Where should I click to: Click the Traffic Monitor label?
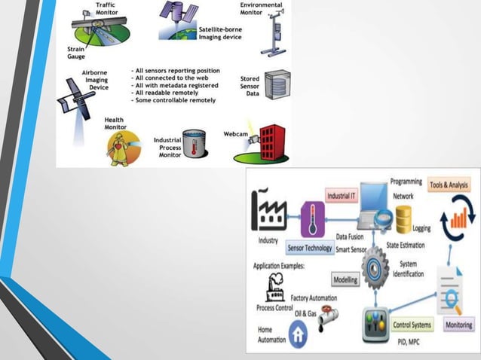click(x=106, y=9)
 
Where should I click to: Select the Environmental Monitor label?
click(x=262, y=9)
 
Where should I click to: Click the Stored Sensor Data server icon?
click(x=277, y=84)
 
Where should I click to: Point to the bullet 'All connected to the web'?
click(x=170, y=78)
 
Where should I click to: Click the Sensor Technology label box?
click(x=310, y=248)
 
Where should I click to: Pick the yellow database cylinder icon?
click(x=403, y=218)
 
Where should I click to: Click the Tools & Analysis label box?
click(x=451, y=185)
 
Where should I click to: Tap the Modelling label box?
click(x=346, y=279)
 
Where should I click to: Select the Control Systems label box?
click(x=412, y=325)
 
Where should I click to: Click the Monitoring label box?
click(x=459, y=325)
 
